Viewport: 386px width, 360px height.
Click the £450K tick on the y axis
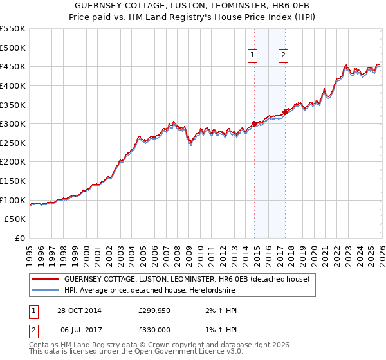coord(13,66)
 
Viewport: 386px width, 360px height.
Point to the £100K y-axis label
coord(13,200)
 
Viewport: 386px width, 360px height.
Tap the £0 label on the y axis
coord(21,238)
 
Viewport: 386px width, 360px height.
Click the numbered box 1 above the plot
coord(253,56)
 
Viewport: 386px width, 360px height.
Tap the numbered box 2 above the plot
coord(283,56)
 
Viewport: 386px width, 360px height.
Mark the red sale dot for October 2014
coord(255,123)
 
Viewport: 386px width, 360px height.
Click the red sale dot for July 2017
coord(285,112)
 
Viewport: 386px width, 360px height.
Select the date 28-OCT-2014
coord(78,310)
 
